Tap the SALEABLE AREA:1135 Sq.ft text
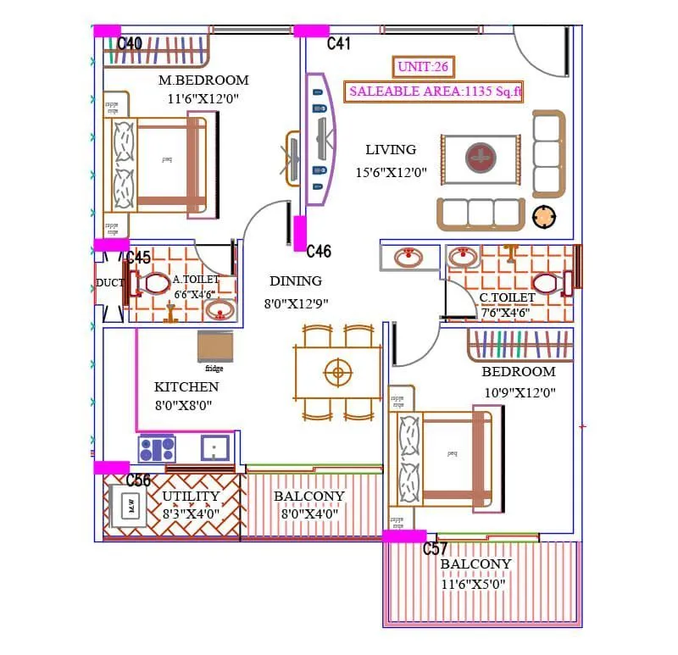[x=434, y=92]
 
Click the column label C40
[x=130, y=43]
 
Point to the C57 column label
[x=436, y=549]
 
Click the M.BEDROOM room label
[x=203, y=80]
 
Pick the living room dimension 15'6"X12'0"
[x=391, y=172]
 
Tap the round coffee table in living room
[x=480, y=158]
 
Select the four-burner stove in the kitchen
[x=157, y=447]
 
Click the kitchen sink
[x=216, y=447]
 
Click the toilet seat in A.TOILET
[x=155, y=284]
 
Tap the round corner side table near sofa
[x=543, y=216]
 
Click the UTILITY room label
[x=191, y=496]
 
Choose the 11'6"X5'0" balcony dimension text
[x=475, y=584]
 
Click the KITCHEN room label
[x=186, y=386]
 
